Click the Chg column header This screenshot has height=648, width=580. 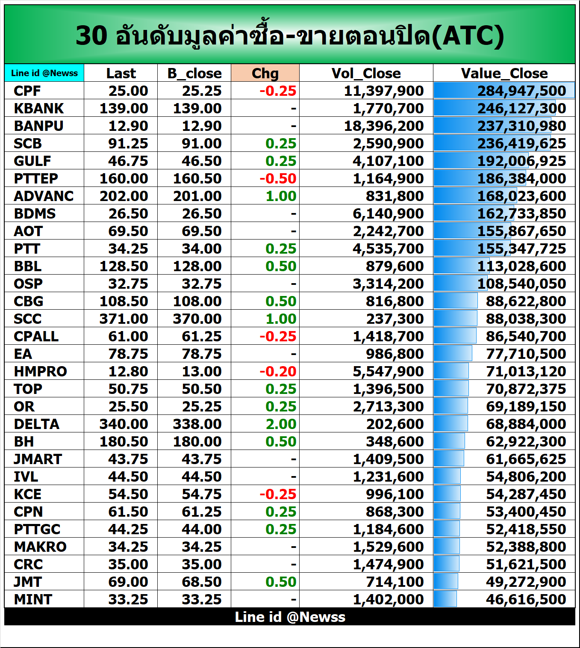pyautogui.click(x=265, y=73)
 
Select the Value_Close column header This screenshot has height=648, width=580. pyautogui.click(x=504, y=73)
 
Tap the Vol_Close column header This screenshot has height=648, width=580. pyautogui.click(x=366, y=73)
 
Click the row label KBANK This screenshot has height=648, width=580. pyautogui.click(x=38, y=108)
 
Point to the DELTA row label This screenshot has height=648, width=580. pyautogui.click(x=37, y=424)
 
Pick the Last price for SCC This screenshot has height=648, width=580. pyautogui.click(x=124, y=319)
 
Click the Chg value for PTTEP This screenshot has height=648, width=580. pyautogui.click(x=278, y=178)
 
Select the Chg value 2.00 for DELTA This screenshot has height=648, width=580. pyautogui.click(x=281, y=424)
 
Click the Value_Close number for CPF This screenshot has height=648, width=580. pyautogui.click(x=521, y=91)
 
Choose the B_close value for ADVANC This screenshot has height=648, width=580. pyautogui.click(x=197, y=196)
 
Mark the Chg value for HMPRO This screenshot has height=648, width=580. pyautogui.click(x=278, y=371)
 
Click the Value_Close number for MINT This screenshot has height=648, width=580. pyautogui.click(x=526, y=599)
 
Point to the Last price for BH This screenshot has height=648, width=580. pyautogui.click(x=124, y=441)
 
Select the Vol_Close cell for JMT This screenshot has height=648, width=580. pyautogui.click(x=395, y=582)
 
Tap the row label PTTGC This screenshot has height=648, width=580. pyautogui.click(x=37, y=529)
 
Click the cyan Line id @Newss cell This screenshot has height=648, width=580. pyautogui.click(x=44, y=73)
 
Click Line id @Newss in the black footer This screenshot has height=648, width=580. pyautogui.click(x=290, y=617)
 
